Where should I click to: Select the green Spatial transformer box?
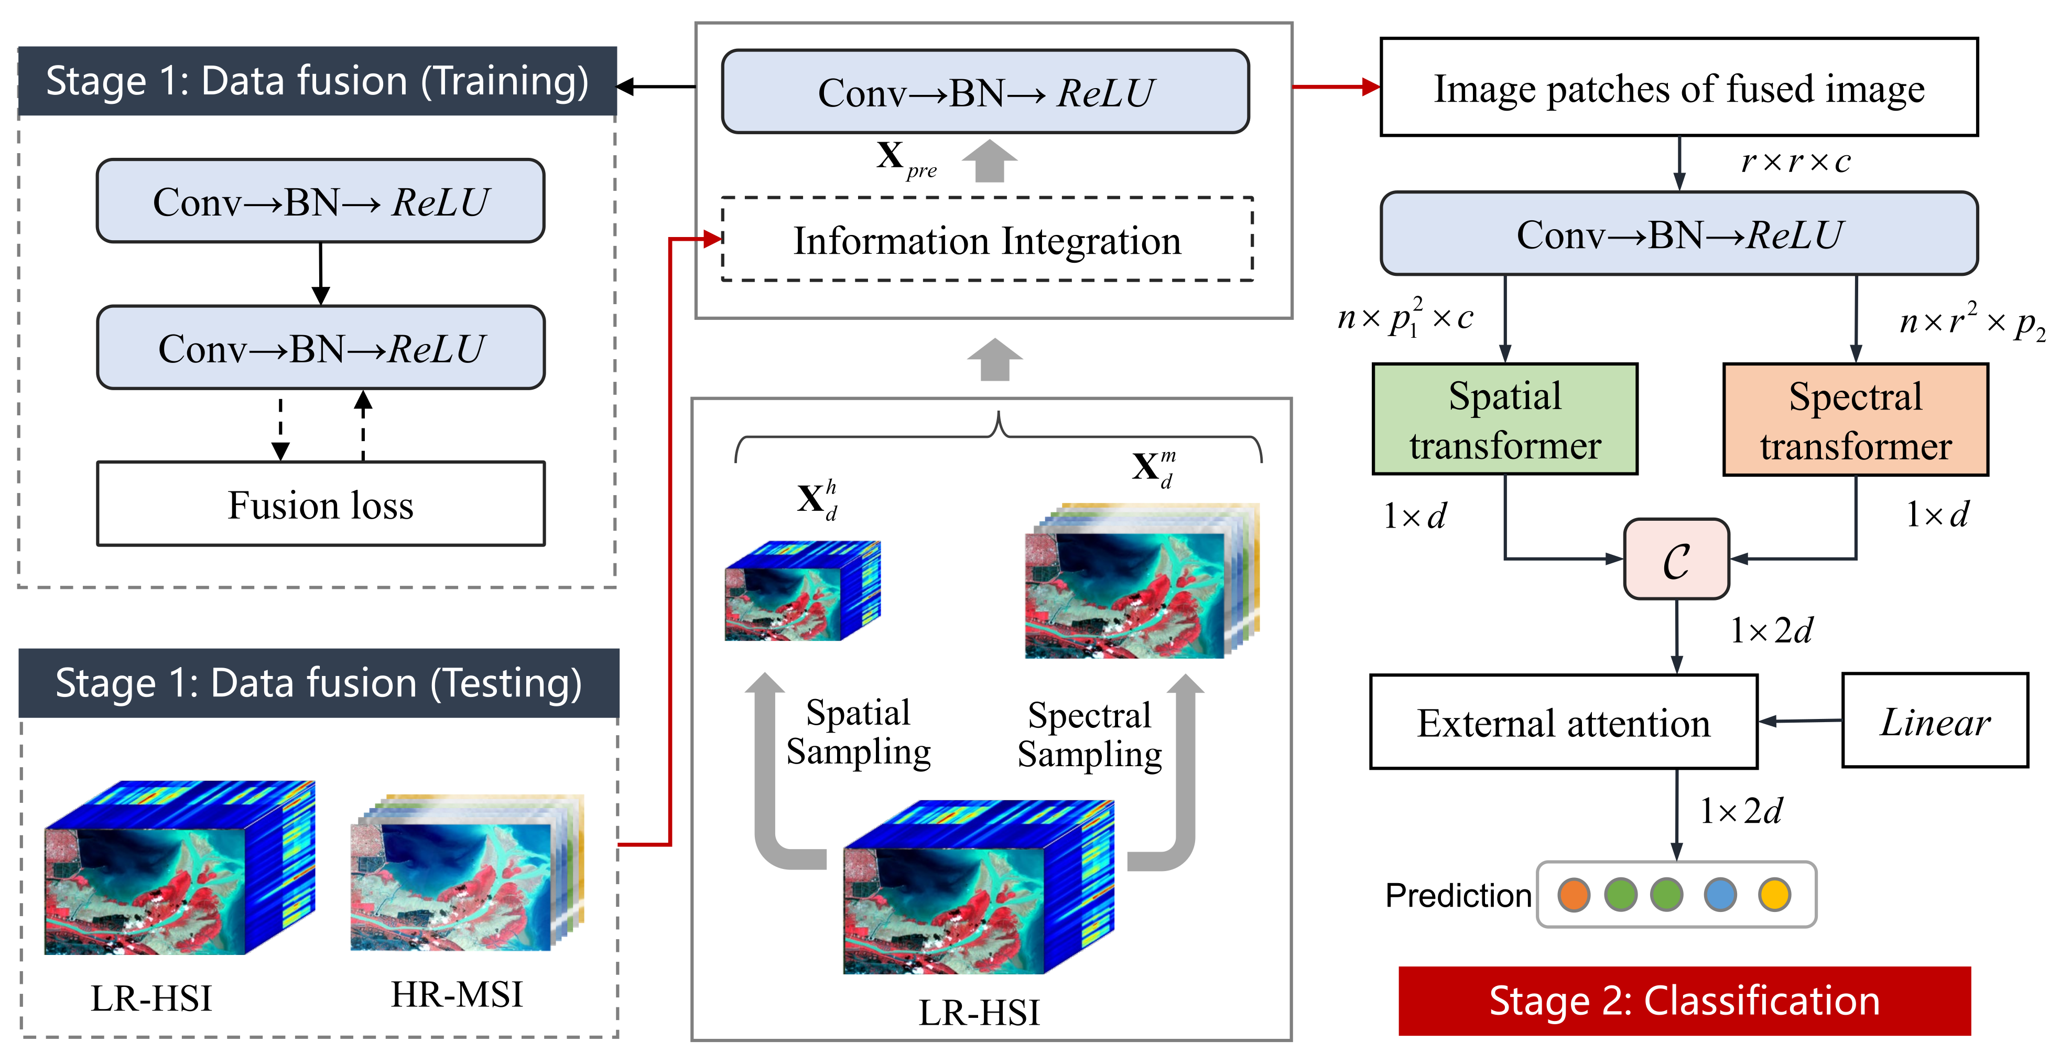(x=1504, y=419)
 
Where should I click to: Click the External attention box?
(x=1563, y=722)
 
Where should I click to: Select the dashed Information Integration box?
(x=986, y=240)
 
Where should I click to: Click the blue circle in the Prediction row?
(x=1720, y=894)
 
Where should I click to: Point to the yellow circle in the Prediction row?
(x=1774, y=894)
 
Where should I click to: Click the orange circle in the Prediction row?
(x=1574, y=894)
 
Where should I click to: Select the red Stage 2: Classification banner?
(x=1684, y=1000)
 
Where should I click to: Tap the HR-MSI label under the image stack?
(x=456, y=995)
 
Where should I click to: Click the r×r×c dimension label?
(x=1794, y=162)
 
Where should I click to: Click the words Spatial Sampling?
(x=858, y=732)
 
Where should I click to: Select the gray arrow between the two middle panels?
(x=994, y=359)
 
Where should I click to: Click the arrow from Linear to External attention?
(x=1799, y=721)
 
